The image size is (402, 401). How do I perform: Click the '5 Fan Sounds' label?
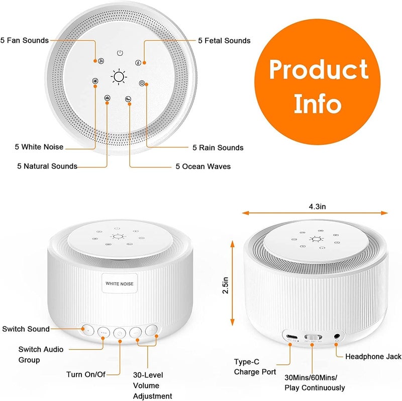[x=25, y=40]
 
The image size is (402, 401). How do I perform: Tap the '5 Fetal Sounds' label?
[x=224, y=40]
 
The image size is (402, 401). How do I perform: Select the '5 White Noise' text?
[x=39, y=147]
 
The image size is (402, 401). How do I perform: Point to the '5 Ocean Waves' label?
[x=203, y=166]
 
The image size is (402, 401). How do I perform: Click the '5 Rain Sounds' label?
[x=218, y=147]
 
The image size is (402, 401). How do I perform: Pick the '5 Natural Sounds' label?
[x=47, y=166]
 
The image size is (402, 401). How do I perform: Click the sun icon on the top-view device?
[x=119, y=76]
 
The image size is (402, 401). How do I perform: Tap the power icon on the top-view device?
[x=120, y=52]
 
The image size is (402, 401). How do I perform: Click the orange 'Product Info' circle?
[x=318, y=86]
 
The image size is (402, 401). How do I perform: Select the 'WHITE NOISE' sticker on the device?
[x=119, y=283]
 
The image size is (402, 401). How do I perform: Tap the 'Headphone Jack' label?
[x=373, y=356]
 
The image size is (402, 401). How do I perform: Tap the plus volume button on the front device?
[x=151, y=332]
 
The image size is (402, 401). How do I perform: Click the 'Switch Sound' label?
[x=26, y=329]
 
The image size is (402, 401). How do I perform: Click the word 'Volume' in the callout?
[x=146, y=385]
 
